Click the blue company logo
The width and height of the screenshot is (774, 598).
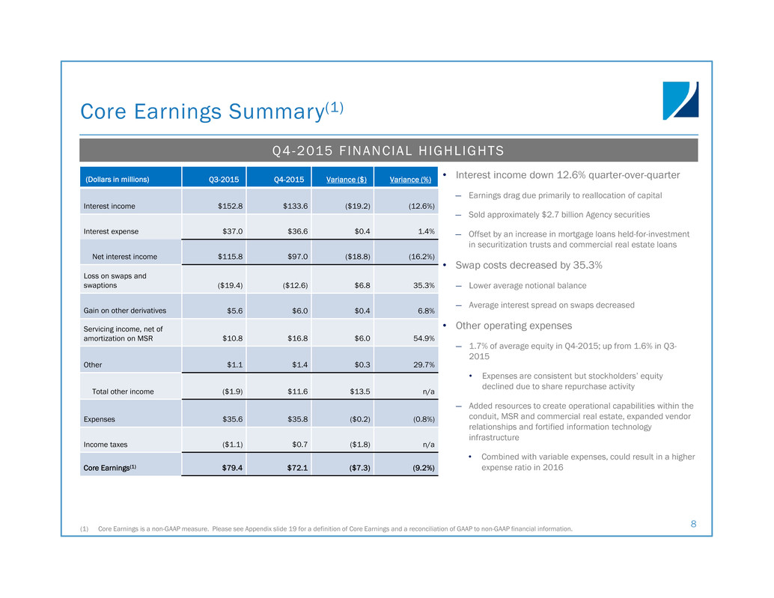(x=680, y=100)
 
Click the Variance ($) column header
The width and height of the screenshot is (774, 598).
(x=346, y=180)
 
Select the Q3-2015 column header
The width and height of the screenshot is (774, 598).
(x=224, y=180)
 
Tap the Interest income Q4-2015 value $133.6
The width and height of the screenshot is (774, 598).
(x=295, y=207)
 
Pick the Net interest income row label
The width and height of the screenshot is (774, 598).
(x=124, y=257)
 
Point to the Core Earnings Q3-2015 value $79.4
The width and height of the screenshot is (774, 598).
(x=232, y=468)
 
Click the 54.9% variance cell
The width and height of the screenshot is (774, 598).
(x=424, y=338)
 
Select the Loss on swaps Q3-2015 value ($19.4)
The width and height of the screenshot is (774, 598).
(x=230, y=286)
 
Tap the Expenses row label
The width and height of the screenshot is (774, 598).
(x=100, y=419)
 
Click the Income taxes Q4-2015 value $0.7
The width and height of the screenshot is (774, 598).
(x=299, y=445)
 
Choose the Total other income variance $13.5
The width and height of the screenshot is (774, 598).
(x=360, y=391)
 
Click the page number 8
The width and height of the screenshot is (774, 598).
(x=694, y=524)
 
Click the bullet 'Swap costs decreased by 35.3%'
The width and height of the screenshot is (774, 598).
(x=528, y=266)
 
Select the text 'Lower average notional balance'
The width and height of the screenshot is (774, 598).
(x=527, y=286)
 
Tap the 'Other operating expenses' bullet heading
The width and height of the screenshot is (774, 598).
(x=514, y=326)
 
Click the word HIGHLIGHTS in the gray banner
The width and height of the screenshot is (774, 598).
(x=461, y=150)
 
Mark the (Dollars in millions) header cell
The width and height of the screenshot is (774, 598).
(x=117, y=180)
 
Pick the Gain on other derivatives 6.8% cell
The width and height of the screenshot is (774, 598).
(x=426, y=311)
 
